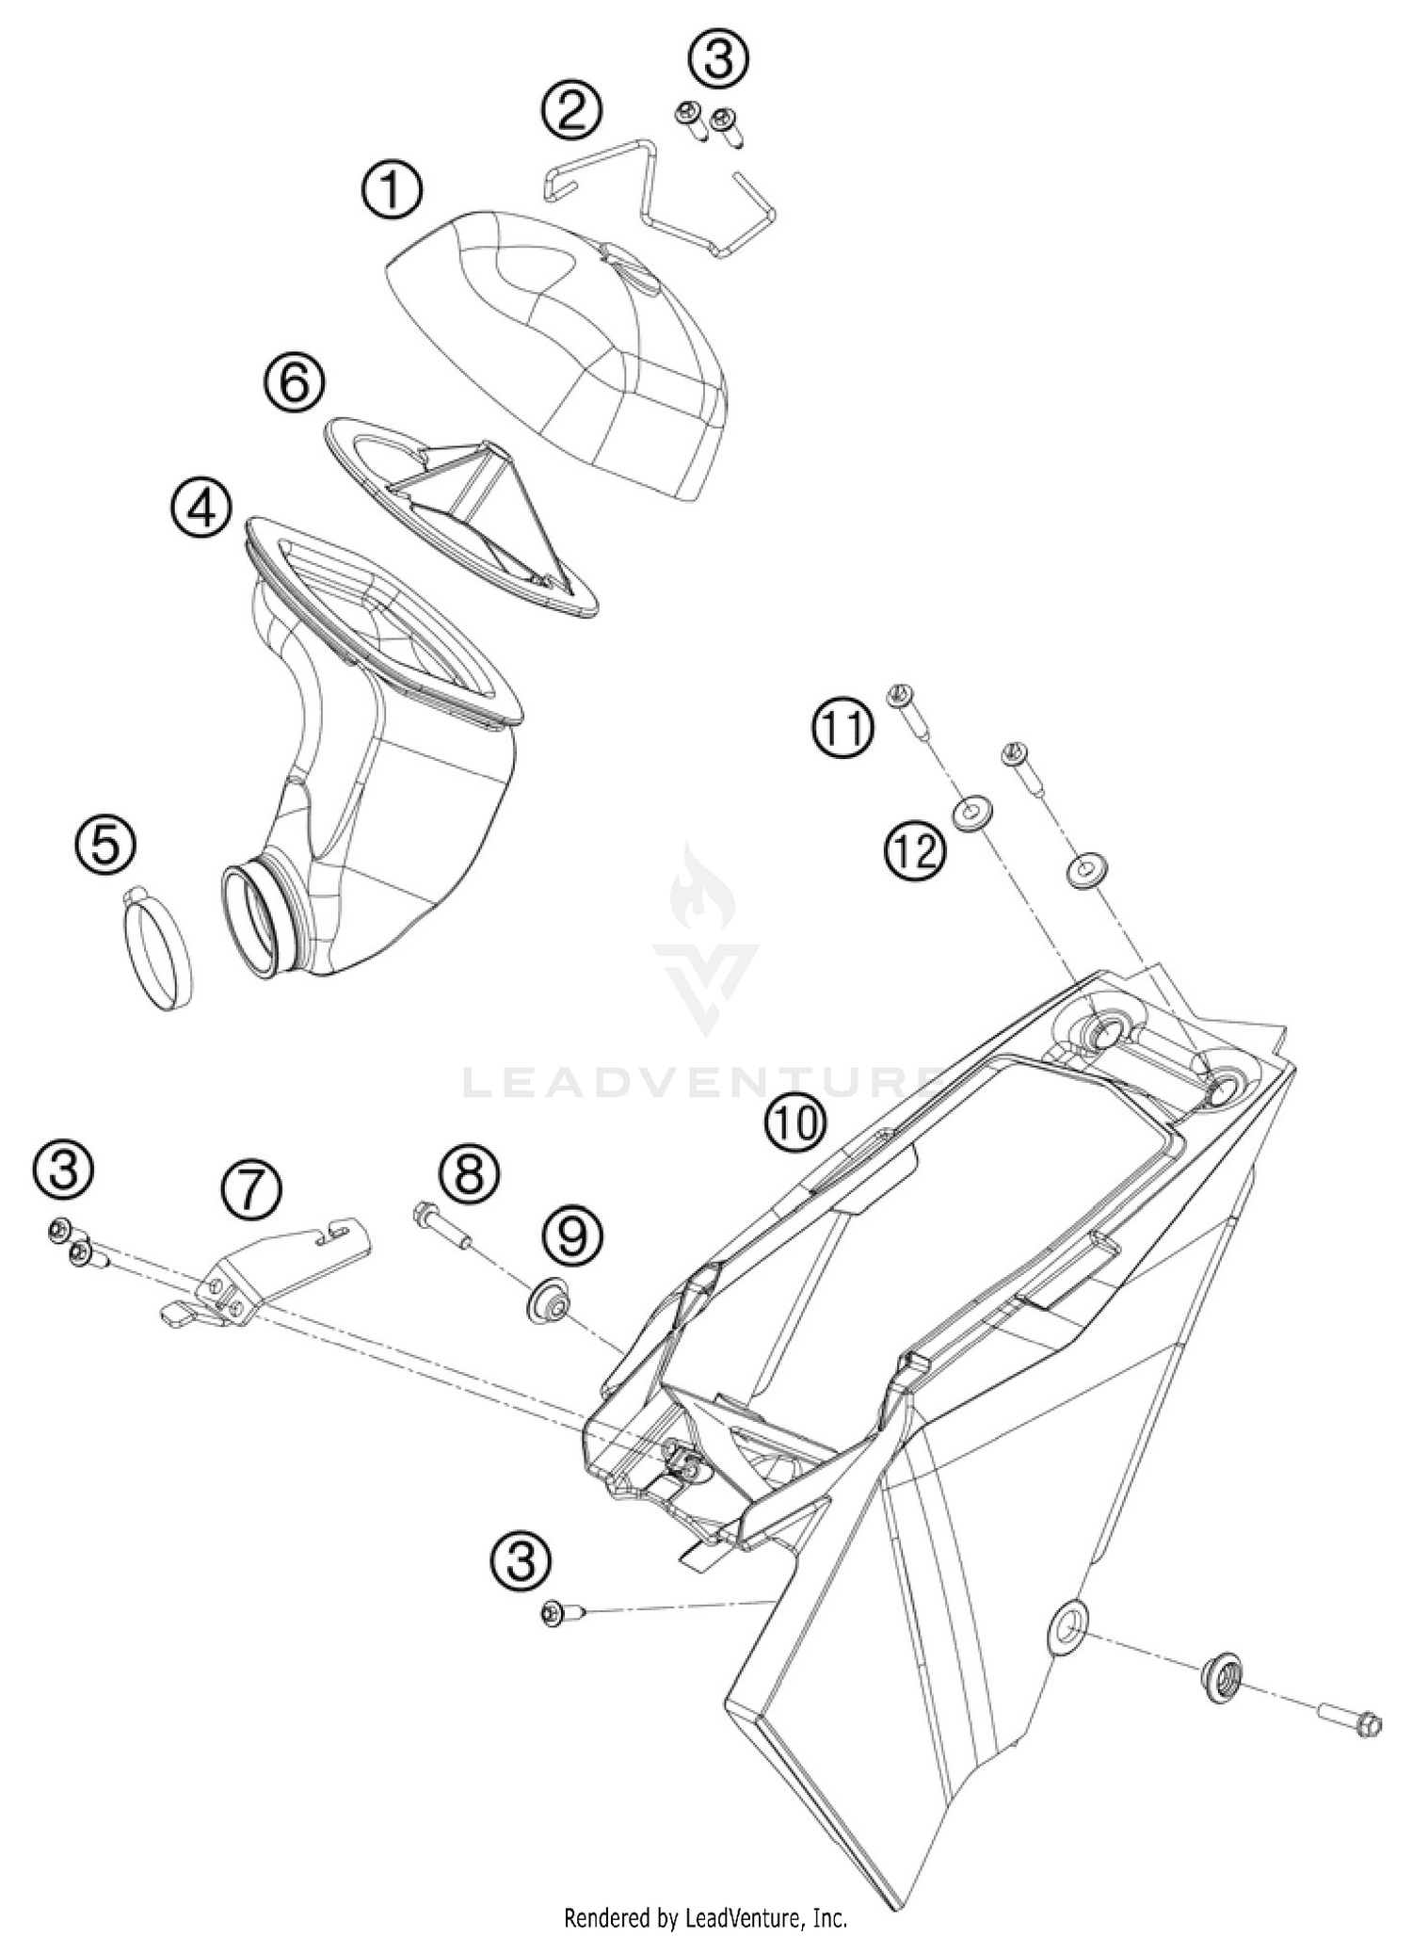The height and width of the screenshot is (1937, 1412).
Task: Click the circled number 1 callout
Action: coord(393,191)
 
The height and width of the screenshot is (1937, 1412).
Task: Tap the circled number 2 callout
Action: coord(571,110)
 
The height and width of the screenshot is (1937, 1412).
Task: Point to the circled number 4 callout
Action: coord(201,509)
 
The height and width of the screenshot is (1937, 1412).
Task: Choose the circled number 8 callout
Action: coord(469,1173)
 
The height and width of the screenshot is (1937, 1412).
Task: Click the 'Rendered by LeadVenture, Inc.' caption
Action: coord(705,1917)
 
